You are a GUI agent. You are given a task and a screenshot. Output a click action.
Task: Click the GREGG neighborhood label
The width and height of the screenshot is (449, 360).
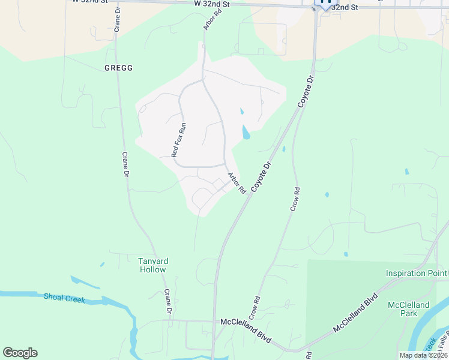[x=118, y=68]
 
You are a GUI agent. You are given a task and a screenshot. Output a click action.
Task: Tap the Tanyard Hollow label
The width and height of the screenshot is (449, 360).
[x=153, y=265]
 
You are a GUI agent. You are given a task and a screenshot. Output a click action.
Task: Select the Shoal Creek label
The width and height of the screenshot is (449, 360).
[x=65, y=298]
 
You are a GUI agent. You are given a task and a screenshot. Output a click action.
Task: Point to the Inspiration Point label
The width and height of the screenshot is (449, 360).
[x=417, y=274]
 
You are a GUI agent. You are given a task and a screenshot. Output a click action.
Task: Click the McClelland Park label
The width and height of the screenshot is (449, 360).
[x=409, y=309]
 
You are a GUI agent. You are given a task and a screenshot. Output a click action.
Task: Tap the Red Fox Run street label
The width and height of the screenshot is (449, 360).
[x=179, y=140]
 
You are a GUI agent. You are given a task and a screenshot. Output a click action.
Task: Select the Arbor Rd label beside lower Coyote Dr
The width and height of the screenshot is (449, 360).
[x=237, y=182]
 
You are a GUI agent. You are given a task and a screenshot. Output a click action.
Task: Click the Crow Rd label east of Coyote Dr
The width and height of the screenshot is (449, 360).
[x=295, y=199]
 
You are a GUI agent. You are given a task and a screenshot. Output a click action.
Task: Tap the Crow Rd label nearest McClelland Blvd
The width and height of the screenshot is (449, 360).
[x=255, y=307]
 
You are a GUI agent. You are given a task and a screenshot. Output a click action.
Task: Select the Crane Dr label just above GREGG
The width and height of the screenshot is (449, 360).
[x=117, y=20]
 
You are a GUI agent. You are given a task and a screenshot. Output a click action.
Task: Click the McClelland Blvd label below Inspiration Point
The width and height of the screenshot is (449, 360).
[x=357, y=313]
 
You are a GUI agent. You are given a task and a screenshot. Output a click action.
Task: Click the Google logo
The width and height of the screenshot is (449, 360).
[x=20, y=353]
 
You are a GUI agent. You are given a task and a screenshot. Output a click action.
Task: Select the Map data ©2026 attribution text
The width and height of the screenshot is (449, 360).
[x=423, y=355]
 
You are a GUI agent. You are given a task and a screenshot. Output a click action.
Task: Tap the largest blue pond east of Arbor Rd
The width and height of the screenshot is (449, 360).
[x=246, y=132]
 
